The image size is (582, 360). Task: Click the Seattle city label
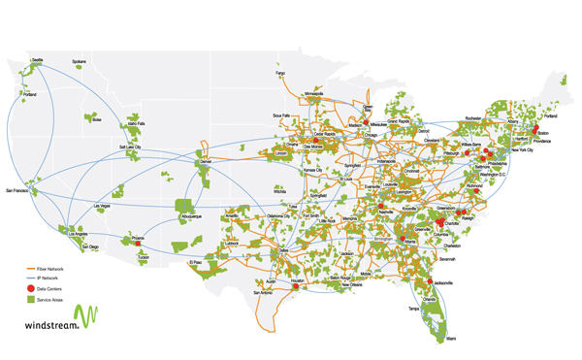point(38,60)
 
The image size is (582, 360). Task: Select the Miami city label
point(451,338)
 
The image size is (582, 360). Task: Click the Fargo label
point(280,73)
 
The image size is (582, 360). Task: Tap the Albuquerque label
point(189,216)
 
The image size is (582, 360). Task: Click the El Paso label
point(197,262)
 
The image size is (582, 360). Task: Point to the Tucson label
point(145,258)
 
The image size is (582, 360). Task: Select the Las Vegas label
point(102,208)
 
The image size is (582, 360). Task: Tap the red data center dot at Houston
point(296,285)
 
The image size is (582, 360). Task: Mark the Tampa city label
point(415,308)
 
